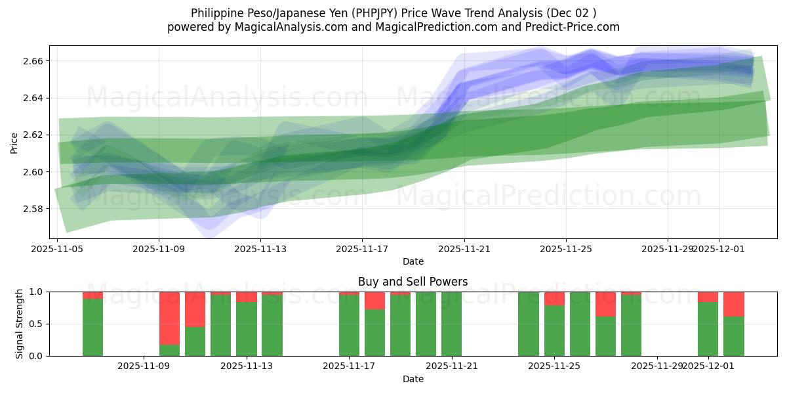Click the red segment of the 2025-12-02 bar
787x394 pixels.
point(733,304)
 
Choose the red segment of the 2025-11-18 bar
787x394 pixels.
point(374,301)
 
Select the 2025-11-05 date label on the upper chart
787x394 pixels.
point(58,249)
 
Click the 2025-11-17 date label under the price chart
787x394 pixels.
point(362,249)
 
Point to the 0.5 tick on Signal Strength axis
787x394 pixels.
point(37,324)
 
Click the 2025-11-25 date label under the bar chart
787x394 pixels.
point(554,366)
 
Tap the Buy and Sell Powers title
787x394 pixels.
point(413,282)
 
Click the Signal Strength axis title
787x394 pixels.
point(20,324)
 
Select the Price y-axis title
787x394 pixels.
point(14,142)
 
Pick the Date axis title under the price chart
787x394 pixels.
point(413,261)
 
